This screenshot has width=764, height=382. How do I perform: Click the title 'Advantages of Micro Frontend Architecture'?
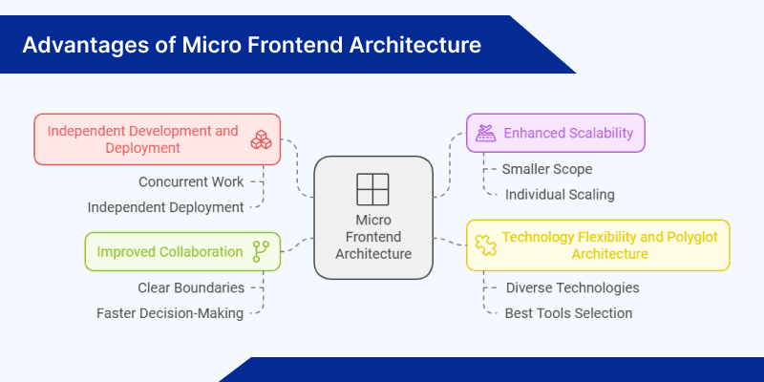tap(252, 45)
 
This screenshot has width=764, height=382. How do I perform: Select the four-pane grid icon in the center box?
tap(371, 189)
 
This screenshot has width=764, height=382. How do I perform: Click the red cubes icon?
tap(261, 139)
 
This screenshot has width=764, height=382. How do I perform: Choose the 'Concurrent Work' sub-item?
tap(190, 181)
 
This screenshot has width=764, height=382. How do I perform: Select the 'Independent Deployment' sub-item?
tap(165, 206)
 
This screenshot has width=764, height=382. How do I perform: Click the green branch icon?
tap(260, 251)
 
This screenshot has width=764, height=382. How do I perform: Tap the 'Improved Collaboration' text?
tap(169, 252)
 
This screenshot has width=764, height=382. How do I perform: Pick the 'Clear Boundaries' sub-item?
tap(190, 287)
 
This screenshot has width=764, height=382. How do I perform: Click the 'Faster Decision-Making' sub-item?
tap(170, 312)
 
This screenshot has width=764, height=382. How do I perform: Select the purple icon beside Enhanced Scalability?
tap(485, 133)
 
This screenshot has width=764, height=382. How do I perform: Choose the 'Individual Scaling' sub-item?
tap(560, 194)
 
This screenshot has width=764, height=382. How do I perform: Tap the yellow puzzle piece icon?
tap(484, 244)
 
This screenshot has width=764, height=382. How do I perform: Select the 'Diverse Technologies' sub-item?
tap(572, 287)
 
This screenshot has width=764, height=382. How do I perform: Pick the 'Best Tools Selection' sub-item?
tap(568, 312)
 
